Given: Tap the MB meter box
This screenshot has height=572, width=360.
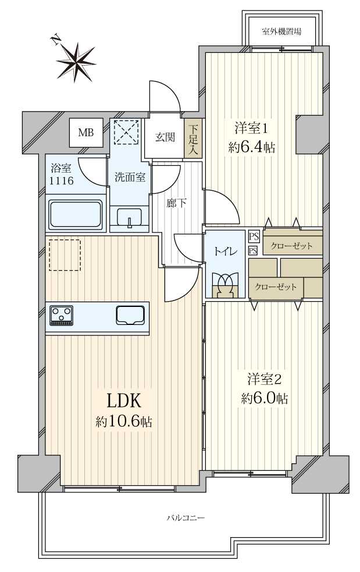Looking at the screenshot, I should tap(86, 133).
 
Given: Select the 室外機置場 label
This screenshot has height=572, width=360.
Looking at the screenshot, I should tap(281, 31).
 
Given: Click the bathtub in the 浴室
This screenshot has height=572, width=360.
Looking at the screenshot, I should tap(76, 215).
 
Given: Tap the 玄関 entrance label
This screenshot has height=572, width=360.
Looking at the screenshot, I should tap(165, 137).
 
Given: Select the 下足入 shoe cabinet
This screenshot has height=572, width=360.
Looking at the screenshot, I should tap(193, 138).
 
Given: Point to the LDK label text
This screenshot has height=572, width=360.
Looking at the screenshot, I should tap(123, 401).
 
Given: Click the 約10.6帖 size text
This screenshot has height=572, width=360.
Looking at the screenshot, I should tap(123, 422).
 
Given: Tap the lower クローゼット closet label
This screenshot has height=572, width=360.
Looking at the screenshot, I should tap(276, 287).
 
